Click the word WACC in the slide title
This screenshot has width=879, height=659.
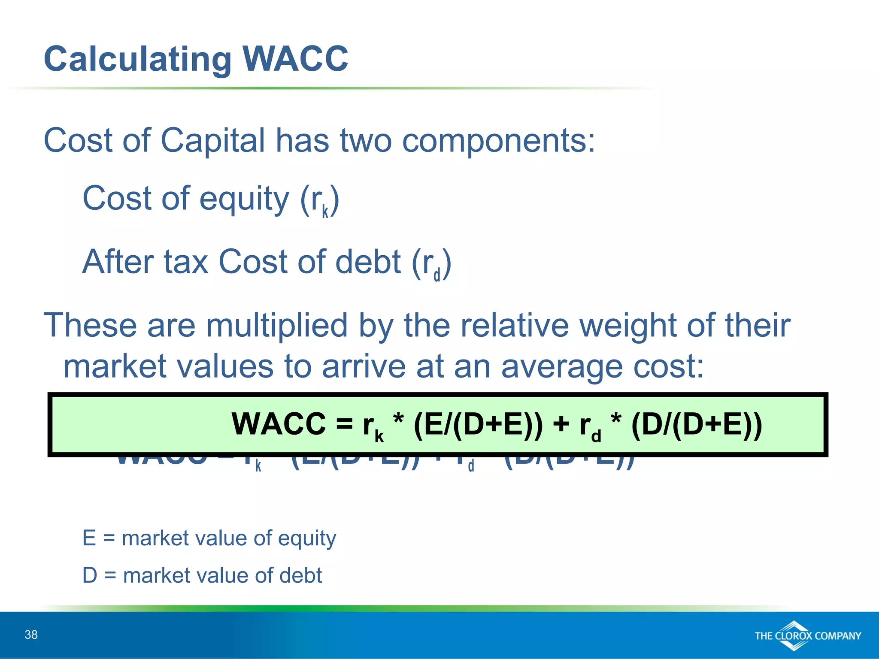tap(295, 59)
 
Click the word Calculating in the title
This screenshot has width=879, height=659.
tap(138, 60)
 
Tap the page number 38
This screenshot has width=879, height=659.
tap(31, 635)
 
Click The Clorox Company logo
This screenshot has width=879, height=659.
tap(807, 636)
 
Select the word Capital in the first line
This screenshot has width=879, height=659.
tap(212, 141)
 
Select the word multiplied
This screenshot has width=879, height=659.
tap(276, 325)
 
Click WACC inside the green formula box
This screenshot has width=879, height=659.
tap(279, 424)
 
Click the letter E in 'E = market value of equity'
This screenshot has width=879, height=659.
tap(89, 538)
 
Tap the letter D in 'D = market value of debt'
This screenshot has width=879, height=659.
tap(90, 575)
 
